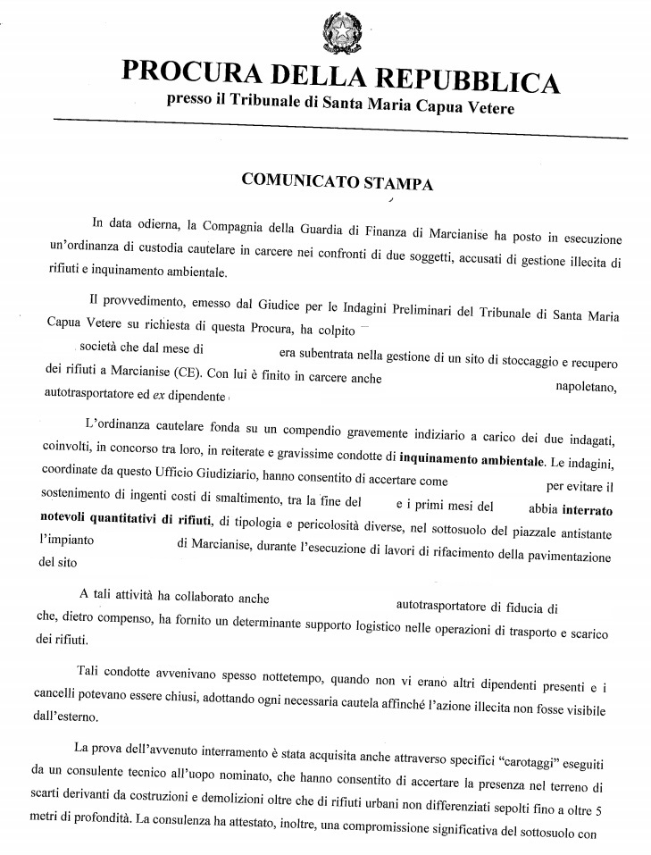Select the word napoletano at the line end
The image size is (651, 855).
[x=580, y=386]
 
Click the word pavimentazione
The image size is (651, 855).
[x=566, y=557]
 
